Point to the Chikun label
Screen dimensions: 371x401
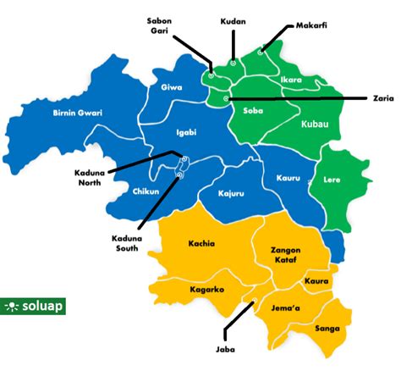146,192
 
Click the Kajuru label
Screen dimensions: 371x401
231,193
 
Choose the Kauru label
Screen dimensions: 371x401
288,179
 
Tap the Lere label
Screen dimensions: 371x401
332,180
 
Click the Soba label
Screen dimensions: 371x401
253,110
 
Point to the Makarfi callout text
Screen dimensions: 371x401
311,25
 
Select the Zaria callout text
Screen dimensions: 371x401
382,98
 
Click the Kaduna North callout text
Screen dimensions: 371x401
92,177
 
